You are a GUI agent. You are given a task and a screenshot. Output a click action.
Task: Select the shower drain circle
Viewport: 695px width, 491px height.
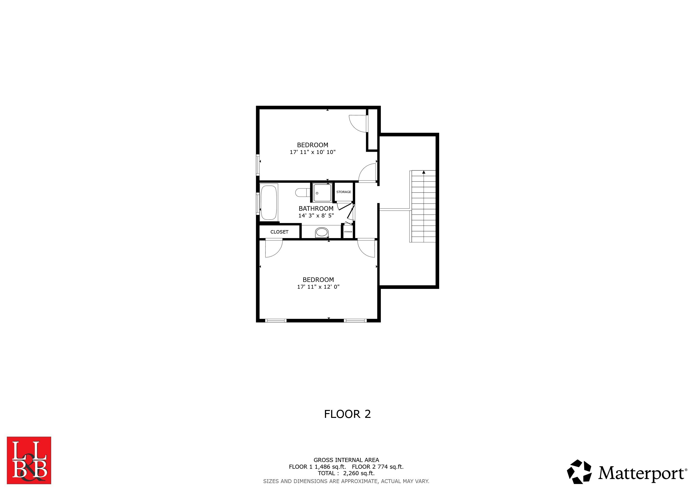(x=317, y=193)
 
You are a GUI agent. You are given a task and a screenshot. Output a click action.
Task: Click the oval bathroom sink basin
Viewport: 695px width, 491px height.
(x=322, y=232)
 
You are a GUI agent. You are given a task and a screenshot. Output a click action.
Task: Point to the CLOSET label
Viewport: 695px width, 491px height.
(x=279, y=232)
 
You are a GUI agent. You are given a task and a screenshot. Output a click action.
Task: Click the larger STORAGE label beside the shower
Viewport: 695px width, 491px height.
(x=344, y=192)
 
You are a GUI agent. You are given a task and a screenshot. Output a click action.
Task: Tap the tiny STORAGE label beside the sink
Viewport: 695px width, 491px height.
(x=348, y=232)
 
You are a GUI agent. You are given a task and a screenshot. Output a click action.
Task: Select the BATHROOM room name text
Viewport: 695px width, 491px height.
(x=316, y=208)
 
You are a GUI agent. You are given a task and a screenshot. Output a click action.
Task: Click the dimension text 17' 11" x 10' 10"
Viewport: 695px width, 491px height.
(x=313, y=152)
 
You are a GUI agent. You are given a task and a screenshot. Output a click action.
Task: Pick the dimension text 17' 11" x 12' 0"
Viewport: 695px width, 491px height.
(x=318, y=287)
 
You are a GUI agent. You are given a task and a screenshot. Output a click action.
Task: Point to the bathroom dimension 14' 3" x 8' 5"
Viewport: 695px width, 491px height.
(x=316, y=216)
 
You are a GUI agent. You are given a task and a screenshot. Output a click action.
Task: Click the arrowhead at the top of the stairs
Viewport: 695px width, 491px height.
(x=424, y=172)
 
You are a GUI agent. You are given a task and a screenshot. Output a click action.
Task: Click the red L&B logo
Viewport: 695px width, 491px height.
(x=29, y=460)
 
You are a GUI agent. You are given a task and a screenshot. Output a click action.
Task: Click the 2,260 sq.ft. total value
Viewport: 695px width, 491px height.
(x=359, y=473)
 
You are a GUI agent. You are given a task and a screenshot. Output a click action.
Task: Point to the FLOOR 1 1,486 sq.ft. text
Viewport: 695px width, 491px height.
(x=317, y=467)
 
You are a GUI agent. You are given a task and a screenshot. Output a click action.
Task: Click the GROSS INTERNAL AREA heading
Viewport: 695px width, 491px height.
(x=346, y=460)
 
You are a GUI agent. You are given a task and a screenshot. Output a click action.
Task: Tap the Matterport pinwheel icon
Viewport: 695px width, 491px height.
(x=579, y=472)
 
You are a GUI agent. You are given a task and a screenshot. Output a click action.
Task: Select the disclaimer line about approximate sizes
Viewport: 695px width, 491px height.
(x=346, y=481)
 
